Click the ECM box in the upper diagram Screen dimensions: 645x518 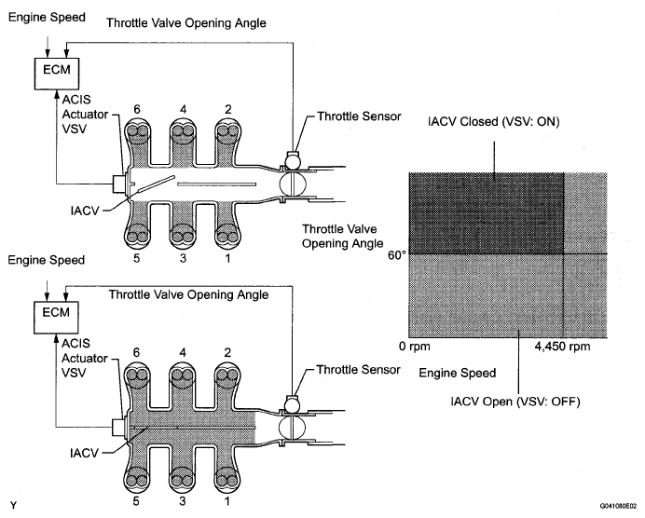56,74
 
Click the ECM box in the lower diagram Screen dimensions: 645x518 56,317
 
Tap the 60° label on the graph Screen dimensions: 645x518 396,255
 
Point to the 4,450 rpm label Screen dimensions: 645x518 562,347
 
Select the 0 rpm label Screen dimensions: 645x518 414,347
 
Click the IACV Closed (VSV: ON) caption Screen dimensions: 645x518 494,122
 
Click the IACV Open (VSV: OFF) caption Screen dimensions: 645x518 515,402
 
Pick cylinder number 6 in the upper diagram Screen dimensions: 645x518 137,109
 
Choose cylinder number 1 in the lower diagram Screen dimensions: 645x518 227,501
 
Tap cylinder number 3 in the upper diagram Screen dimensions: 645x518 183,258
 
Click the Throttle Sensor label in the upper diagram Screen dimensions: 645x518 359,116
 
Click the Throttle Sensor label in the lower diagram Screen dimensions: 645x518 358,370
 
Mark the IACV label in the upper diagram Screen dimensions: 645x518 84,211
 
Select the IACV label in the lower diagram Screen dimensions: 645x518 84,453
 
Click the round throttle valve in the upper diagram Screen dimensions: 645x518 293,184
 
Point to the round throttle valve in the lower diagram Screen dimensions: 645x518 292,427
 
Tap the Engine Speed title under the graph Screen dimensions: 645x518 457,373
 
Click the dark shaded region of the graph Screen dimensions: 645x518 487,213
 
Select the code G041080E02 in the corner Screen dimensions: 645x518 619,505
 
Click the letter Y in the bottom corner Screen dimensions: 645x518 14,505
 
